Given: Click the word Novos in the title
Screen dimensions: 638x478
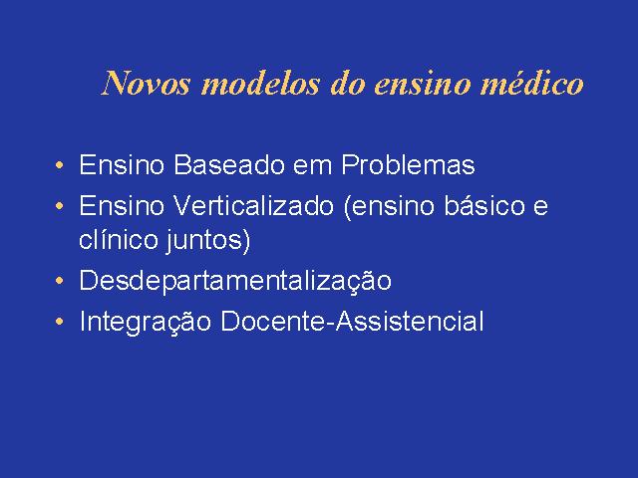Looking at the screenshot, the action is tap(147, 84).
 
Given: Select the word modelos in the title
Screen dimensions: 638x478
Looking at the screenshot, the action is tap(260, 84).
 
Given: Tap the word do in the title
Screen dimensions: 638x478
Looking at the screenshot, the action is tap(347, 84).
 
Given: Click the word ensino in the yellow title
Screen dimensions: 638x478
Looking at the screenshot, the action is tap(422, 84).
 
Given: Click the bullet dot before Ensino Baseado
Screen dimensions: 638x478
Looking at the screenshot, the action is tap(60, 165).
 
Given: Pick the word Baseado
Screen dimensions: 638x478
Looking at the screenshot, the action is tap(229, 164).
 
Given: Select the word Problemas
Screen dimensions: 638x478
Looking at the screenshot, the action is tap(408, 164).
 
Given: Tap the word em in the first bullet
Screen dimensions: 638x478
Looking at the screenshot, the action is tap(313, 167).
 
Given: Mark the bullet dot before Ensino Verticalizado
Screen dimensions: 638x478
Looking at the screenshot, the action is tap(60, 206).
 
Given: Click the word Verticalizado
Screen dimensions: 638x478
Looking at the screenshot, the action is tap(254, 205).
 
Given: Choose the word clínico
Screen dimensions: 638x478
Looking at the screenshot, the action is tap(119, 239).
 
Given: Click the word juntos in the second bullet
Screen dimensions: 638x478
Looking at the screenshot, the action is tap(203, 241).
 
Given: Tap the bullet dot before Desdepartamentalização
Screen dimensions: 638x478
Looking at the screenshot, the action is tap(60, 281).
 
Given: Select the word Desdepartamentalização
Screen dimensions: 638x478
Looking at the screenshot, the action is tap(235, 281).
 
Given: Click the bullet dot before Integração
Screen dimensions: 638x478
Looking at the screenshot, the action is tap(60, 322).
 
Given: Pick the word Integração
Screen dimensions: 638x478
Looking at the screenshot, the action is tap(146, 322).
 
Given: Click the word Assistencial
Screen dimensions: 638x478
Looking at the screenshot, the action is tap(410, 321).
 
